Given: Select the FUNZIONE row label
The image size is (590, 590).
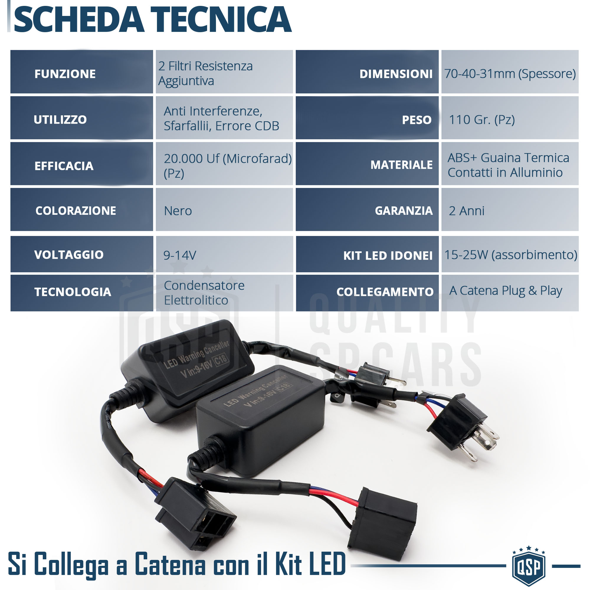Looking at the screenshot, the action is coord(65,74).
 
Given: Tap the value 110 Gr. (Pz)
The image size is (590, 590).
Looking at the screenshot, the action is coord(482,120).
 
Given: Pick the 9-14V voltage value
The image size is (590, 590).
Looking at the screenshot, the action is coord(180,255).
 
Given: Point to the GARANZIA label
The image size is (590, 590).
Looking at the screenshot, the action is coord(404,211).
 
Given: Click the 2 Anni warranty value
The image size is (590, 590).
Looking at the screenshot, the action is coord(466,211).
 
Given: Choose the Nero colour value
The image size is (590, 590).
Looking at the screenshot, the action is coord(178,211).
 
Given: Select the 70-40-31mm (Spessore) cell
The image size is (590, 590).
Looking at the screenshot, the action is coord(510,73).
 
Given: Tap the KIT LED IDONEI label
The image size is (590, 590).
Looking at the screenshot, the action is coord(388,255).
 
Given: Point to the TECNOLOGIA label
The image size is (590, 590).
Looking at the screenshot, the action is coord(73,292).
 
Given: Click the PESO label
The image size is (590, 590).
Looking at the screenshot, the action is coord(417,120).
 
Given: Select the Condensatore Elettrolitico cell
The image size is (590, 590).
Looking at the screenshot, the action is coord(204,293).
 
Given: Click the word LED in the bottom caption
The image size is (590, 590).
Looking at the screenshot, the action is coord(327,564).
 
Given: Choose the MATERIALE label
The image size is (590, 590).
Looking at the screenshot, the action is coord(401,165).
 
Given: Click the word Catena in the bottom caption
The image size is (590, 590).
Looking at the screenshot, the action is coord(170,564).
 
